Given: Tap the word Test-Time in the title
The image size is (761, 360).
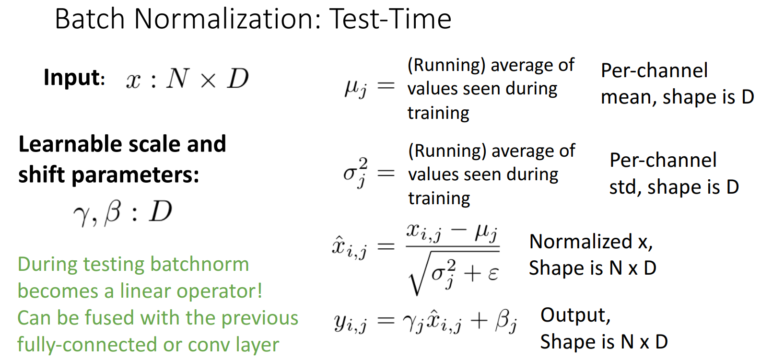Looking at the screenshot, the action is click(390, 19).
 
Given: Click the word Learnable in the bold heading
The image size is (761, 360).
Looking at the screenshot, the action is click(70, 144).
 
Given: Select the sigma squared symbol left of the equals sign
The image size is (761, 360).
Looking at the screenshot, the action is click(355, 173).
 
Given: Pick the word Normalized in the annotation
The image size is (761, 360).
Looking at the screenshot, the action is click(581, 242).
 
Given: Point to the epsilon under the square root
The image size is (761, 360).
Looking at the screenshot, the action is click(493, 274).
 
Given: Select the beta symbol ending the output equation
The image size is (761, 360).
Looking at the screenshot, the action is click(506, 321).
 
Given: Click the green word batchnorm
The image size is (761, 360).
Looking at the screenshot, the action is click(199, 264).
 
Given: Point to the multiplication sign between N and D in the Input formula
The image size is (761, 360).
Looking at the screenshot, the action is click(208, 81).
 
